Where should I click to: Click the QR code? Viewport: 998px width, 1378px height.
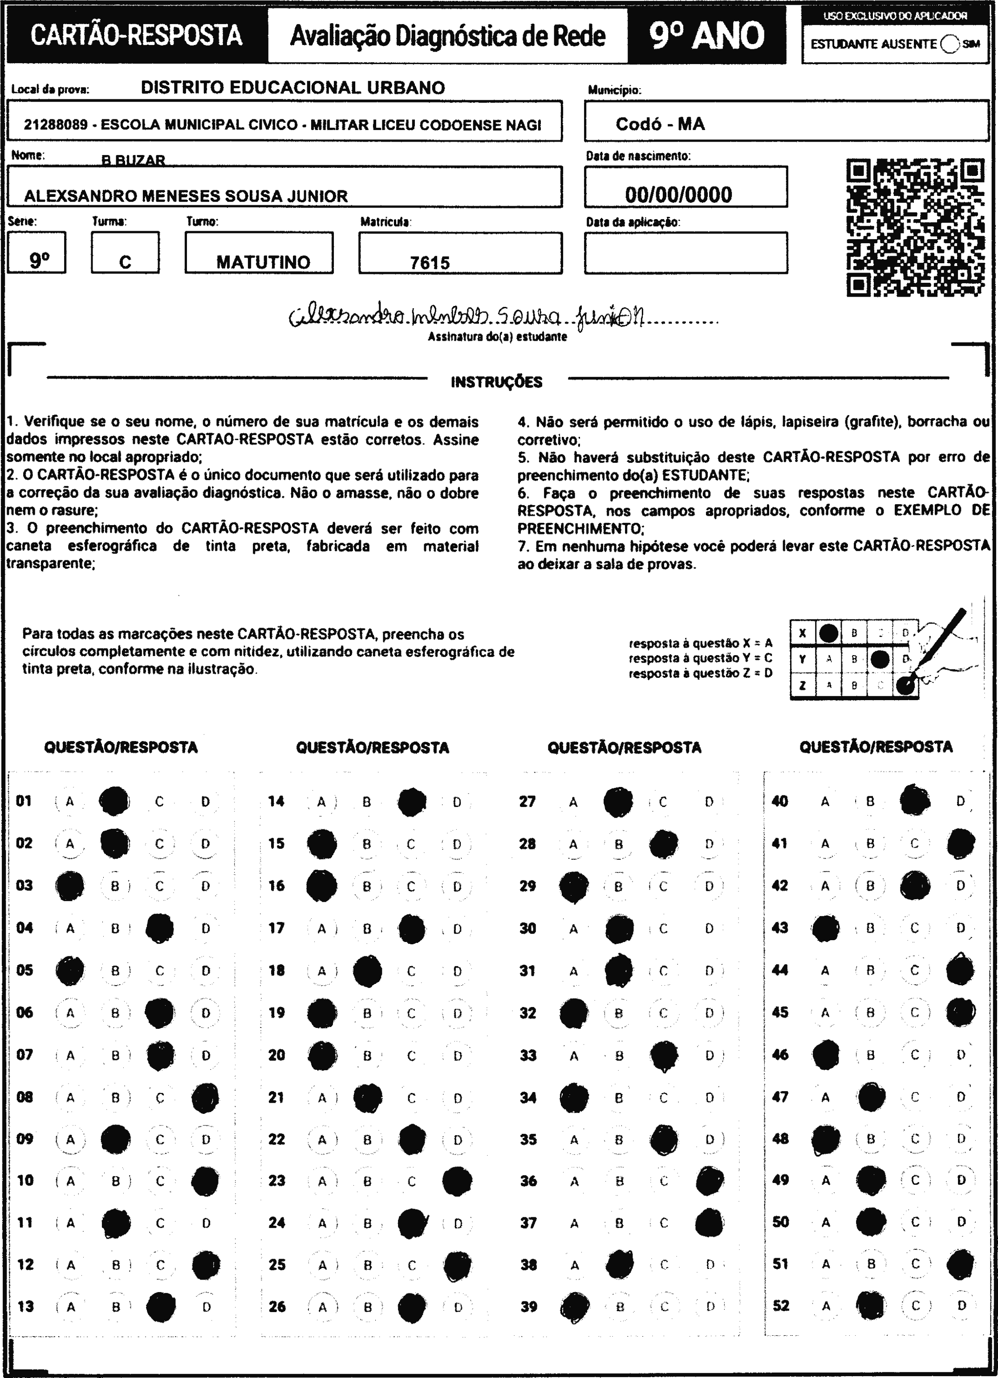[915, 227]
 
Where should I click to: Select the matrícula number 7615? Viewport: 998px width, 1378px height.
[430, 262]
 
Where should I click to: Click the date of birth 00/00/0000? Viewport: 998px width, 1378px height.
[678, 195]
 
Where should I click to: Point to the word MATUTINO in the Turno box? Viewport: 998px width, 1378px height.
[263, 262]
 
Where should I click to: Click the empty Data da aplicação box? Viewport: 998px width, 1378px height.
[686, 253]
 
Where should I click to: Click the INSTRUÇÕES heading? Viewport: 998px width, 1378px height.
[496, 382]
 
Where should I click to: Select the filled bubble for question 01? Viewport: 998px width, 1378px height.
[114, 801]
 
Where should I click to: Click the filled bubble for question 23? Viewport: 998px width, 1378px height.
[457, 1181]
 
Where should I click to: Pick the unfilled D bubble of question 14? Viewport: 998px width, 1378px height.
[457, 802]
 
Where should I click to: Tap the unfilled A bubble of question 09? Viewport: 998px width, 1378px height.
[70, 1139]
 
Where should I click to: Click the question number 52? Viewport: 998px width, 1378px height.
[780, 1305]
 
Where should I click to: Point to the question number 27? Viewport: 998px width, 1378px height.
[527, 801]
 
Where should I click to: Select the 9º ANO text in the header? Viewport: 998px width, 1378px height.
[706, 35]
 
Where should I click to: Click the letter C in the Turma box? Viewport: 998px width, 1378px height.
[125, 262]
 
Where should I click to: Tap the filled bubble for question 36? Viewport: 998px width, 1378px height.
[710, 1181]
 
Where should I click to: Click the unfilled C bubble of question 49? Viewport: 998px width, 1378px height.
[915, 1180]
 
